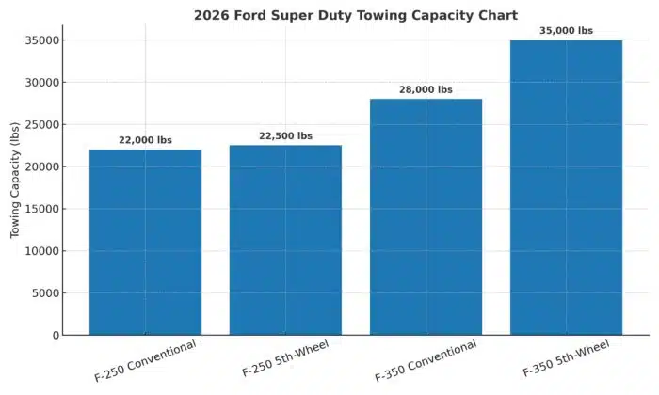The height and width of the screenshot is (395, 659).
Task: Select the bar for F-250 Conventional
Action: click(x=145, y=242)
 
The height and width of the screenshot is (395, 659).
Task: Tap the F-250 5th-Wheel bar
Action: click(x=285, y=240)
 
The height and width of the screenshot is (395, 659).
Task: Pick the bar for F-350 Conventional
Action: click(x=426, y=216)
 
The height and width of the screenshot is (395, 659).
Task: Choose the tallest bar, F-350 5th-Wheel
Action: click(x=566, y=187)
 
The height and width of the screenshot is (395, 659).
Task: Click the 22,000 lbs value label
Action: click(x=145, y=140)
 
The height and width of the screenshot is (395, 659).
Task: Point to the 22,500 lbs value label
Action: click(x=285, y=136)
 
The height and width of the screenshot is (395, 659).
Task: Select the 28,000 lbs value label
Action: click(x=426, y=90)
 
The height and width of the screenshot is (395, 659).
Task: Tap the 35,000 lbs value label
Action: click(x=566, y=31)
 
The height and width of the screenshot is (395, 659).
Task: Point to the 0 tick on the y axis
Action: click(x=56, y=336)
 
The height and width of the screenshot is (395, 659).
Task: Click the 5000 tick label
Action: click(x=47, y=293)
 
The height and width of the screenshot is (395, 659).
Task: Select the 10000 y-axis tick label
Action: click(x=43, y=251)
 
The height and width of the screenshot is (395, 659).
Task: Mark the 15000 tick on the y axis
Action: click(x=43, y=209)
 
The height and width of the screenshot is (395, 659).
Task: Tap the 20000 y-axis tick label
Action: click(x=43, y=166)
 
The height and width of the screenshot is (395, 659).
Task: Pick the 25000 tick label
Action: click(x=43, y=124)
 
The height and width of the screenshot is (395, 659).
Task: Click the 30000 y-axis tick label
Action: click(x=43, y=83)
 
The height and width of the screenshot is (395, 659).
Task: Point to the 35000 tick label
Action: click(x=43, y=40)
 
